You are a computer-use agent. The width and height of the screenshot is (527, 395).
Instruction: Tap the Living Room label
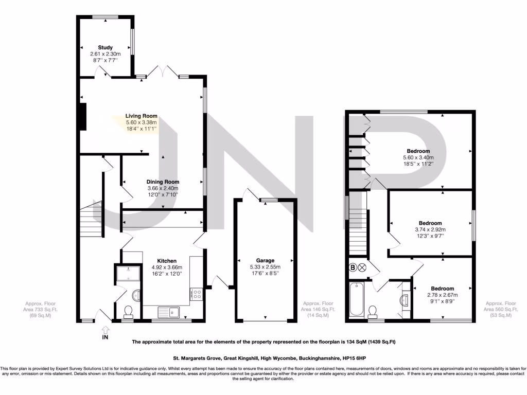(x=142, y=116)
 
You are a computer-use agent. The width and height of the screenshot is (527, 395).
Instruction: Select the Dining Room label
(x=163, y=182)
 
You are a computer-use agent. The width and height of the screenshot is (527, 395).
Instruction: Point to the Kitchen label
(x=167, y=261)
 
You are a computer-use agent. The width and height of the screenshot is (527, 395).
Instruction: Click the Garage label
(x=266, y=260)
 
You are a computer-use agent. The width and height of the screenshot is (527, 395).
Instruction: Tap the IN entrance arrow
(x=105, y=332)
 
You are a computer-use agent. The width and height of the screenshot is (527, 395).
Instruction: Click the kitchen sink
(x=168, y=311)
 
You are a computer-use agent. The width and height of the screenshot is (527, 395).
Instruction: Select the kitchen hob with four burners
(x=196, y=294)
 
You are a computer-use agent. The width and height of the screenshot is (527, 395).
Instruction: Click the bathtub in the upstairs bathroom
(x=356, y=299)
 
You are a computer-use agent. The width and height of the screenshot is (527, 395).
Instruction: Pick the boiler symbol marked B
(x=353, y=267)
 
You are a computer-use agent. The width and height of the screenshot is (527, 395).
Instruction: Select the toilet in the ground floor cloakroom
(x=128, y=310)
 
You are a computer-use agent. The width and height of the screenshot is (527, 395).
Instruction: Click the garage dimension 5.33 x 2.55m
(x=266, y=267)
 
